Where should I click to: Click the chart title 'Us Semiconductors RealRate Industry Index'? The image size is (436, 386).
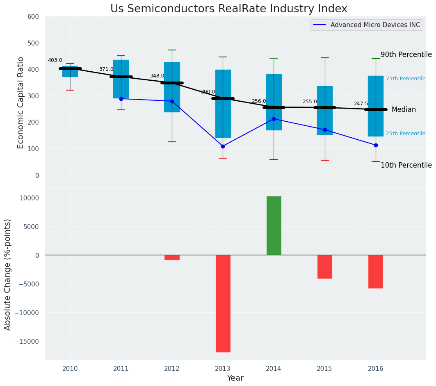pyautogui.click(x=228, y=9)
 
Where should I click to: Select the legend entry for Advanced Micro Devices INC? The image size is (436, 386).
pyautogui.click(x=375, y=25)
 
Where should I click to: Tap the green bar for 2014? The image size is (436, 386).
pyautogui.click(x=274, y=225)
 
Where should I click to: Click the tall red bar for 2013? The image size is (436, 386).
pyautogui.click(x=223, y=303)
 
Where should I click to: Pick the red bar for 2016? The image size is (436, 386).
pyautogui.click(x=375, y=272)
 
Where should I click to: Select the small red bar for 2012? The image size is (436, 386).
pyautogui.click(x=172, y=257)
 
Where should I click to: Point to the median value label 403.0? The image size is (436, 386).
pyautogui.click(x=55, y=60)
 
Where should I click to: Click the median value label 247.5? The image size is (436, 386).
pyautogui.click(x=361, y=104)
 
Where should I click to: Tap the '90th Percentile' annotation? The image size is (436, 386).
pyautogui.click(x=406, y=54)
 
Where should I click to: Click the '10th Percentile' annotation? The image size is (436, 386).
pyautogui.click(x=406, y=165)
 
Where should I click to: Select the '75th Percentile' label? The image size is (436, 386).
pyautogui.click(x=405, y=79)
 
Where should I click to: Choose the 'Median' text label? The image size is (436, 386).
pyautogui.click(x=404, y=110)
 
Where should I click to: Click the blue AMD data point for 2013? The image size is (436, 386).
pyautogui.click(x=223, y=146)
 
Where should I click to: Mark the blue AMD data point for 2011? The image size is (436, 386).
pyautogui.click(x=121, y=99)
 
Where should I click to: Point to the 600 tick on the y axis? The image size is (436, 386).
pyautogui.click(x=34, y=16)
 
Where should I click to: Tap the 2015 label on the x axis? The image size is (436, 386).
pyautogui.click(x=324, y=368)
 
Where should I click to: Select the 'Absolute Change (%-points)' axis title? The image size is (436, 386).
pyautogui.click(x=8, y=275)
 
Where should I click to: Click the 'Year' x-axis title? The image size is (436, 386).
pyautogui.click(x=235, y=378)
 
